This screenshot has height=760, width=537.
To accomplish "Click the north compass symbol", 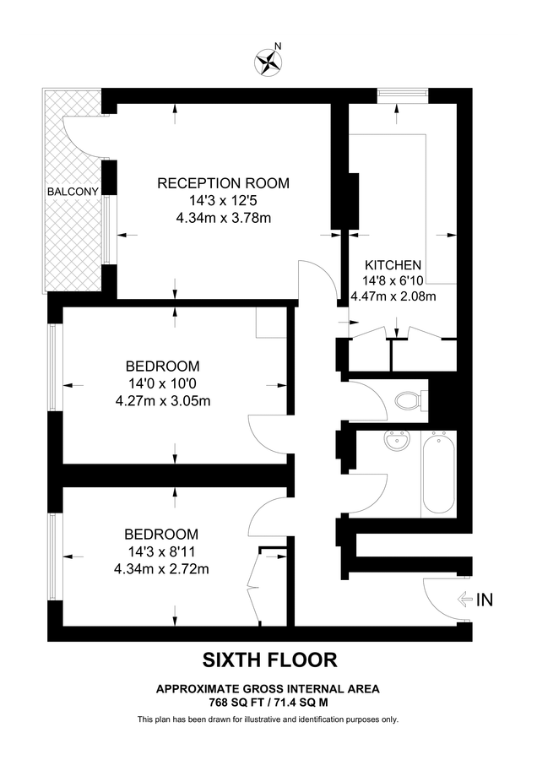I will pos(268,60).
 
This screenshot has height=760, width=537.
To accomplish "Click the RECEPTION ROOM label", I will pos(224,183).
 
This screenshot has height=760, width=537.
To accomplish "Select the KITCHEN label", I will pos(392,265).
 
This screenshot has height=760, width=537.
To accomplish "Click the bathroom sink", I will pos(394,442).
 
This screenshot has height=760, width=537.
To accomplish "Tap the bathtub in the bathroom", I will pos(438,474).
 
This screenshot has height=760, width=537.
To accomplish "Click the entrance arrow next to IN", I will pos(464,600).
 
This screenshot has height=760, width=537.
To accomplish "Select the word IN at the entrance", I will pos(485,600).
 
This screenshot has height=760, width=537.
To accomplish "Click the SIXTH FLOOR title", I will pos(268,660).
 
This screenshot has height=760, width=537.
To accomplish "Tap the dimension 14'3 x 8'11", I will pos(162,551).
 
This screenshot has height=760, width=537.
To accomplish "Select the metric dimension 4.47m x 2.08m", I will pos(393,296).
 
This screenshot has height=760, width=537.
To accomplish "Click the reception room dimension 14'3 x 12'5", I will pos(224,201).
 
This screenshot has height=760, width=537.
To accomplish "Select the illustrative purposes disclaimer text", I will pos(268,719).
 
